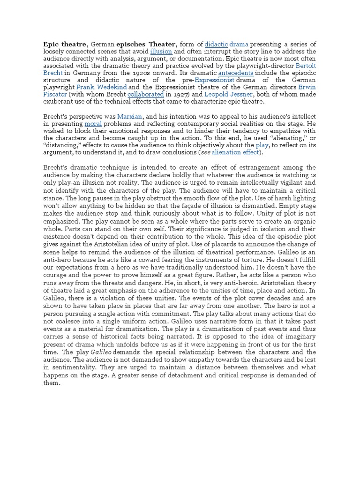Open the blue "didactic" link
point(216,43)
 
